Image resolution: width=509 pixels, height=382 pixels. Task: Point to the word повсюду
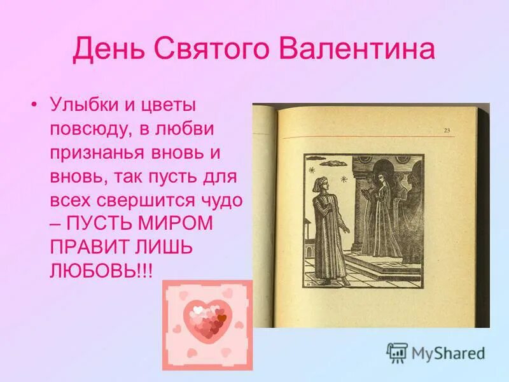(89, 129)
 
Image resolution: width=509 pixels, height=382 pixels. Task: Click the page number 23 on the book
(447, 130)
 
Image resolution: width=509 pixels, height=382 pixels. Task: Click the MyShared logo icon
(397, 352)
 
